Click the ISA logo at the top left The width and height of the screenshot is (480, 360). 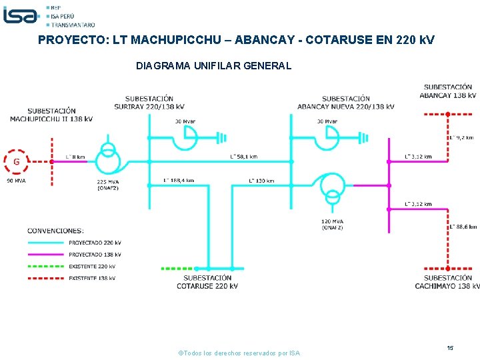(21, 15)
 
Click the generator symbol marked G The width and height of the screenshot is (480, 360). (17, 161)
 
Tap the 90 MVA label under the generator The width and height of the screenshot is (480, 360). (17, 181)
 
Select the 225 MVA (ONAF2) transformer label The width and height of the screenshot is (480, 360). (108, 185)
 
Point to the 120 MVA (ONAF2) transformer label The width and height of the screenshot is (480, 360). (333, 224)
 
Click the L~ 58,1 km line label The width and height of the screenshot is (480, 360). (243, 157)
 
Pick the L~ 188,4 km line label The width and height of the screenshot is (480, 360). (179, 181)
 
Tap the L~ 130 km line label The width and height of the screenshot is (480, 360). (261, 181)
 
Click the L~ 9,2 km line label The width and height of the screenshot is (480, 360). (461, 137)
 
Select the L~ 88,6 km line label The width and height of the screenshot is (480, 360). (463, 227)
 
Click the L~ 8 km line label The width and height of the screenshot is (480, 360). (75, 157)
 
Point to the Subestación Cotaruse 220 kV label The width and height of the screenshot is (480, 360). (207, 282)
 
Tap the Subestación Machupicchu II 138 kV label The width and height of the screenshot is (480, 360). (51, 115)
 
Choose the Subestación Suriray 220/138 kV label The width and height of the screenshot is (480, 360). (149, 103)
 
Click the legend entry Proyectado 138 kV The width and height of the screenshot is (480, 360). (95, 254)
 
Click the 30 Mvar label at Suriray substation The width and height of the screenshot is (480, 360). (185, 121)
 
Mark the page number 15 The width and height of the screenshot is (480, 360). (451, 348)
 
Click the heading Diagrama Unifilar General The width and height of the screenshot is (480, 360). (213, 66)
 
